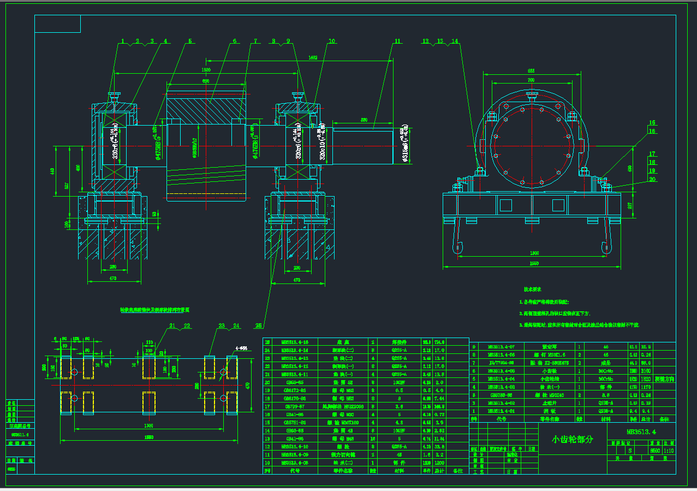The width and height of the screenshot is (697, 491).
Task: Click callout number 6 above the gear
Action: [234, 41]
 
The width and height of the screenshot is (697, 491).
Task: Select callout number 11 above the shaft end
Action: [397, 41]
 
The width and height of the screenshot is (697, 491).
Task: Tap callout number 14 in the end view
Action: [455, 41]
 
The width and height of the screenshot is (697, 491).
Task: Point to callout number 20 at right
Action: [652, 179]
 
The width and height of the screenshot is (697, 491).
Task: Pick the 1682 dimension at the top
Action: [313, 57]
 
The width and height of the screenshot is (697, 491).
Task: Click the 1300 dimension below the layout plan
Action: [148, 425]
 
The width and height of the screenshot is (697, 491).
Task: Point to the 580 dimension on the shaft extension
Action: [364, 119]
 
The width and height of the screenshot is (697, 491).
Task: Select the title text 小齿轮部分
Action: [571, 439]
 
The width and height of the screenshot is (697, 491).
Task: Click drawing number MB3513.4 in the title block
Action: [641, 432]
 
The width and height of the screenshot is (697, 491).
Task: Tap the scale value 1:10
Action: [669, 451]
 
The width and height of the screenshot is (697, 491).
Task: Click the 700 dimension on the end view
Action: [531, 80]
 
